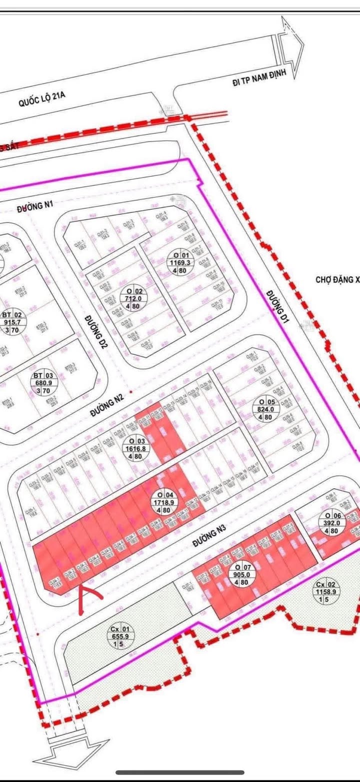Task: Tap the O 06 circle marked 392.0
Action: pyautogui.click(x=332, y=524)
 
